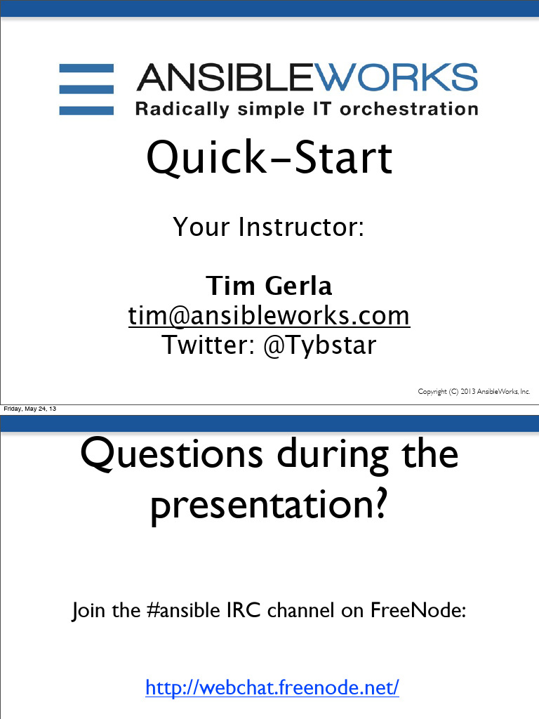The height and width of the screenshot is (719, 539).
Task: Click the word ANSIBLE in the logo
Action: coord(229,77)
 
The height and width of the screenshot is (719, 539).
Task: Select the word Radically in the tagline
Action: coord(182,110)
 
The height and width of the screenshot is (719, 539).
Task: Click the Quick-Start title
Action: coord(269,158)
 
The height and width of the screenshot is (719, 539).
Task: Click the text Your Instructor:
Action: coord(269,227)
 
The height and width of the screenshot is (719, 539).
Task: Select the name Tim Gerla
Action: coord(269,286)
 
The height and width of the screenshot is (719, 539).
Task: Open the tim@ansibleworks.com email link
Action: coord(269,316)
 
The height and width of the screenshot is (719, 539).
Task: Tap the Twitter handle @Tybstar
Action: coord(319,345)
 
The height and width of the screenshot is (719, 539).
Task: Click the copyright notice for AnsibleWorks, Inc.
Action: coord(474,392)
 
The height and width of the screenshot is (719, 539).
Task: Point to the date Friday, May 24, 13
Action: coord(30,409)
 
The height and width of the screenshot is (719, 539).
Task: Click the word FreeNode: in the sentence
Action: coord(418,610)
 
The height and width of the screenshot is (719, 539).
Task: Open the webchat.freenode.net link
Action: coord(272,687)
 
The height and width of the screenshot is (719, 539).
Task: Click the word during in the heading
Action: coord(336,454)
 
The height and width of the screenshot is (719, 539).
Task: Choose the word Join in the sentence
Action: coord(88,610)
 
